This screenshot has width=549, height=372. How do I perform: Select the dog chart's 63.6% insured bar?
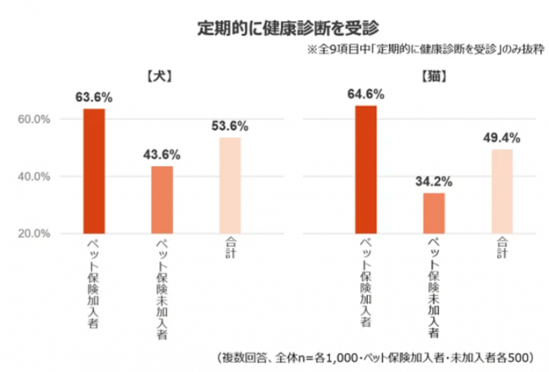[x=94, y=171]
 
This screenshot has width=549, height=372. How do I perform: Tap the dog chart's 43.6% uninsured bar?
[x=161, y=199]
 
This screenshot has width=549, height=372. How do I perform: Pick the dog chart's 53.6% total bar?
[x=230, y=185]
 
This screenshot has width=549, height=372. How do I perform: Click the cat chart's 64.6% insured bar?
[x=365, y=169]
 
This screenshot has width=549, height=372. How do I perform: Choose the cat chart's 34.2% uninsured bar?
[x=434, y=213]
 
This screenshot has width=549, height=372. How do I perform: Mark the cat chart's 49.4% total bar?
[x=502, y=191]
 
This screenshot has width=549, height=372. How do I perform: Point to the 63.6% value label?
[x=94, y=97]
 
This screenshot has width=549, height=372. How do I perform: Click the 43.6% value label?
[x=161, y=155]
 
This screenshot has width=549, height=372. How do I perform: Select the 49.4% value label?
[x=502, y=138]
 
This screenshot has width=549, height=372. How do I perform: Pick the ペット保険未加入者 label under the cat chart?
[x=434, y=287]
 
